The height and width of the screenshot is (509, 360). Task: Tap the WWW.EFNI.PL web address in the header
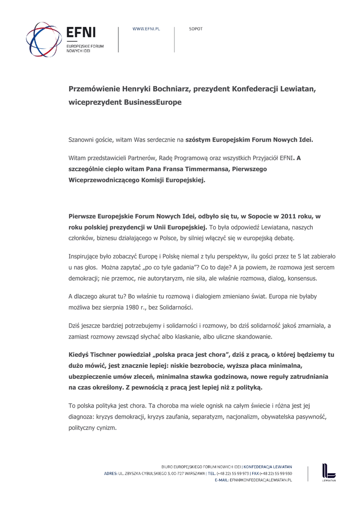pos(146,29)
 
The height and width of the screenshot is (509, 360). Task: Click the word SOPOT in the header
pos(196,29)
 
